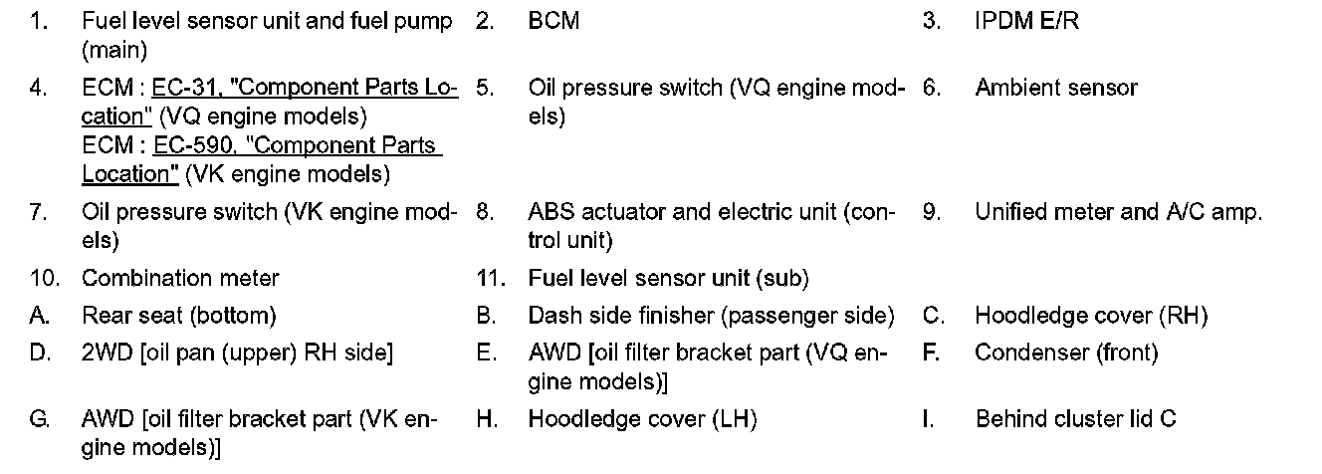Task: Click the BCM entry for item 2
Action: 553,21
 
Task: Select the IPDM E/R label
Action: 1026,21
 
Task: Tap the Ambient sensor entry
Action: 1055,88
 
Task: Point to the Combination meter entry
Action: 180,278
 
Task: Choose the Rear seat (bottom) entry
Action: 178,316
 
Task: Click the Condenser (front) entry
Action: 1066,353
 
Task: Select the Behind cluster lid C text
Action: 1075,419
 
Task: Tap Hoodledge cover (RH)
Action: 1090,316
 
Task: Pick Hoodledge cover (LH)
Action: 642,419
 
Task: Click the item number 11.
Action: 488,278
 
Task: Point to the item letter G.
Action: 39,419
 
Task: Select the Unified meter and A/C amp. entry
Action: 1118,212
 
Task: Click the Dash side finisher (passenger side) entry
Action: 711,316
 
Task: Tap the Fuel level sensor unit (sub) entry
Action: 668,278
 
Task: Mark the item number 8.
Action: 485,212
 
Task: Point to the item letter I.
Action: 927,419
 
